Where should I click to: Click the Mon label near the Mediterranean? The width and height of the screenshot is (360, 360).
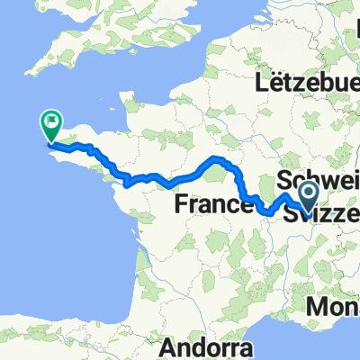(333, 308)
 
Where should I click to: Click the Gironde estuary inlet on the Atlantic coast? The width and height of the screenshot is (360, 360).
(137, 241)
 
